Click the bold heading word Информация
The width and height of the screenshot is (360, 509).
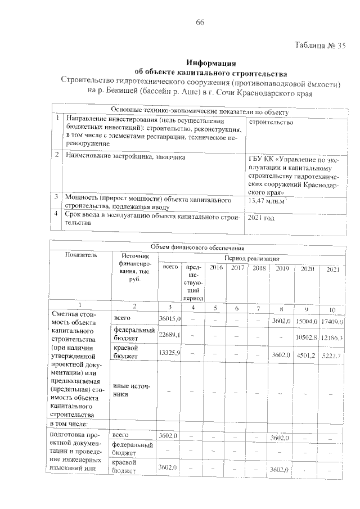210,62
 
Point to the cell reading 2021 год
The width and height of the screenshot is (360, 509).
262,217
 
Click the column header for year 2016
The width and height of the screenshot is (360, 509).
216,268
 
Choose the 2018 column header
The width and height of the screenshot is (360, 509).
259,268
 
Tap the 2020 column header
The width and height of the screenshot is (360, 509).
307,269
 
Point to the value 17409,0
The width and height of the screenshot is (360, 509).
332,321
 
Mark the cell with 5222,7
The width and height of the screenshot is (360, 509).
332,355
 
